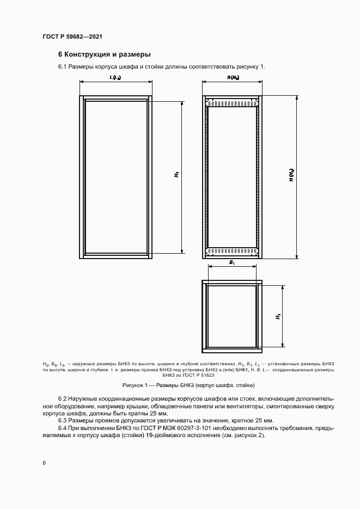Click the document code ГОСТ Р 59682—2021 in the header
click(x=72, y=37)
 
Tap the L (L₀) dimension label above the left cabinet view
click(x=115, y=78)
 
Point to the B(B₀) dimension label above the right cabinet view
click(x=233, y=78)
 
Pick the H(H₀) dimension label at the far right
click(x=291, y=175)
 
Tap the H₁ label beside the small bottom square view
click(x=277, y=315)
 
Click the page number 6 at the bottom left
click(x=44, y=463)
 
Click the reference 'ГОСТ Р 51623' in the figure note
click(x=198, y=375)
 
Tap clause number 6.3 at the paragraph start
click(x=63, y=421)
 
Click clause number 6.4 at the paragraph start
click(x=63, y=428)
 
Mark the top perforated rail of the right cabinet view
click(x=232, y=102)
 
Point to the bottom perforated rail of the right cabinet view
click(x=232, y=252)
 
